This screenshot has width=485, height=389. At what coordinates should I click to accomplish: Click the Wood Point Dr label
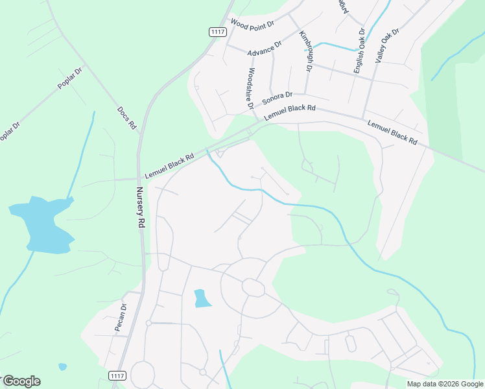pyautogui.click(x=253, y=24)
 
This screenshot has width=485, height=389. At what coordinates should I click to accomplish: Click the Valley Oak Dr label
pyautogui.click(x=388, y=45)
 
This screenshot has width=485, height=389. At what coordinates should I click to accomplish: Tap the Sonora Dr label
pyautogui.click(x=278, y=99)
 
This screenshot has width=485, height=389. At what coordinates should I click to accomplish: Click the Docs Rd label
pyautogui.click(x=126, y=118)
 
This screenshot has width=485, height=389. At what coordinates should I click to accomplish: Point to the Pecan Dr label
pyautogui.click(x=120, y=317)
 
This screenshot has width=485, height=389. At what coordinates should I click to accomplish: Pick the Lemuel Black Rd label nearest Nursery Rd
pyautogui.click(x=169, y=166)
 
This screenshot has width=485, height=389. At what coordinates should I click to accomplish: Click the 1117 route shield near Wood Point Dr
pyautogui.click(x=217, y=32)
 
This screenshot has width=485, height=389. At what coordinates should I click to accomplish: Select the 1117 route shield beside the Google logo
pyautogui.click(x=117, y=376)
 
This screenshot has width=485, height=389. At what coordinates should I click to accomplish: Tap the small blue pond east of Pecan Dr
pyautogui.click(x=202, y=298)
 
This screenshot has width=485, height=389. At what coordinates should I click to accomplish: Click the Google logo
pyautogui.click(x=21, y=381)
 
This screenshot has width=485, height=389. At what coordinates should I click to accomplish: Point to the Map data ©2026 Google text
pyautogui.click(x=444, y=384)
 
